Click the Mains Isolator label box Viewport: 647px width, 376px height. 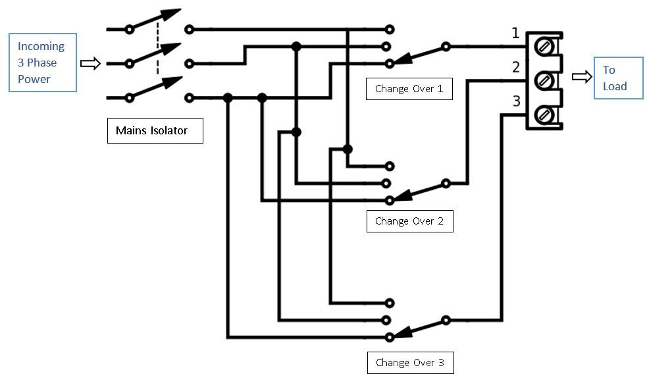[x=155, y=130]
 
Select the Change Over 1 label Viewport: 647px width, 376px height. [x=409, y=88]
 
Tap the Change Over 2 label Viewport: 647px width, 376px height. [x=409, y=221]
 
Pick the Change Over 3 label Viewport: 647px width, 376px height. [x=409, y=362]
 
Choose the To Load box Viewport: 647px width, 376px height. [x=618, y=78]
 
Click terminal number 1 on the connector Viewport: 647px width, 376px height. [x=515, y=34]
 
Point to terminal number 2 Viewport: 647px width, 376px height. [x=515, y=67]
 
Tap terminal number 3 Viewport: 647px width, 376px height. [x=515, y=101]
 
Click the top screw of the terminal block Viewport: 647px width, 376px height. [x=544, y=47]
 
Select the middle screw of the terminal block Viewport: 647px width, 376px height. [x=544, y=80]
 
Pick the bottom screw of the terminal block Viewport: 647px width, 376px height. [x=544, y=115]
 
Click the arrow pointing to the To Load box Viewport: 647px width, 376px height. [x=582, y=77]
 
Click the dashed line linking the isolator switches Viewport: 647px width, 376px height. [x=157, y=49]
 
